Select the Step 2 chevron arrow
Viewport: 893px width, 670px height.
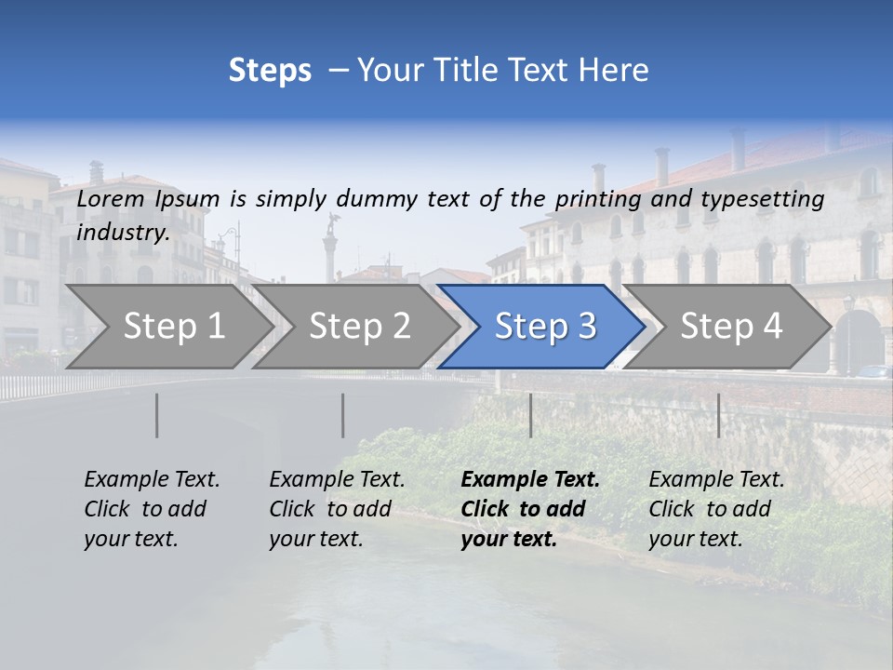tap(359, 326)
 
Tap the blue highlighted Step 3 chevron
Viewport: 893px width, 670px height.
tap(544, 326)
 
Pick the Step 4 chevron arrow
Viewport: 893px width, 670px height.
tap(730, 326)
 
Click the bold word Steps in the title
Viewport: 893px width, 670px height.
tap(270, 70)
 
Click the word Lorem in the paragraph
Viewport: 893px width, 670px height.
tap(111, 198)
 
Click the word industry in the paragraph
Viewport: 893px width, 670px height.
tap(122, 232)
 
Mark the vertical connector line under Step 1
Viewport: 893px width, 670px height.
tap(156, 415)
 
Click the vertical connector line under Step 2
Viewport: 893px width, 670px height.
tap(342, 415)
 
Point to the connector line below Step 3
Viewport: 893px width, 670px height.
tap(530, 415)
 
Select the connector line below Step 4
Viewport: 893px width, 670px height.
tap(718, 415)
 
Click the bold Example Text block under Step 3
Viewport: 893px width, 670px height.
tap(530, 509)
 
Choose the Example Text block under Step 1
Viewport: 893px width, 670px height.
tap(152, 509)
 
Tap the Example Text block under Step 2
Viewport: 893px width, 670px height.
tap(337, 509)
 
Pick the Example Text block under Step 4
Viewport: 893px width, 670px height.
tap(716, 509)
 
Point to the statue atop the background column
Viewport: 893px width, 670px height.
tap(330, 223)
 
